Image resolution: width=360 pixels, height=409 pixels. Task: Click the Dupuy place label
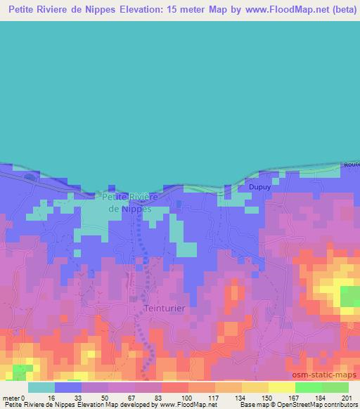(x=259, y=188)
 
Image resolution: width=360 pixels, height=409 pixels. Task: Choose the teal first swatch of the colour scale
(x=41, y=387)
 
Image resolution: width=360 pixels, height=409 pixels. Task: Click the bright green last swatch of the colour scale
(x=335, y=387)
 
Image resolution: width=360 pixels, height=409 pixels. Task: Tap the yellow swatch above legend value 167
(x=282, y=387)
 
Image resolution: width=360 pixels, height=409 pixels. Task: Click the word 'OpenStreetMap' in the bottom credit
(x=295, y=405)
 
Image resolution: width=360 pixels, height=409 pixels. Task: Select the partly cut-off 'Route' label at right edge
(x=352, y=164)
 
